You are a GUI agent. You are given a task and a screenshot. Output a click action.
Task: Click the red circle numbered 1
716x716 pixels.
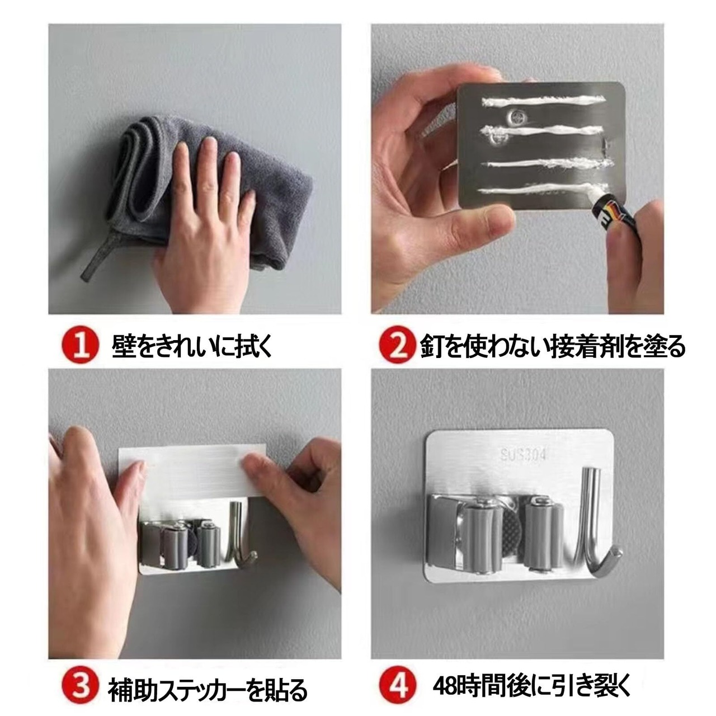click(x=81, y=345)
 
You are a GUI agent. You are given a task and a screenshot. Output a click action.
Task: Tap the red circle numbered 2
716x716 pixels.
click(x=397, y=345)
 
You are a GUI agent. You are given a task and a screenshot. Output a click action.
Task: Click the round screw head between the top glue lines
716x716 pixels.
click(x=516, y=117)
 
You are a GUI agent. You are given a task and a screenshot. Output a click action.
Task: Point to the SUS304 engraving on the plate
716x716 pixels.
click(x=522, y=455)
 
